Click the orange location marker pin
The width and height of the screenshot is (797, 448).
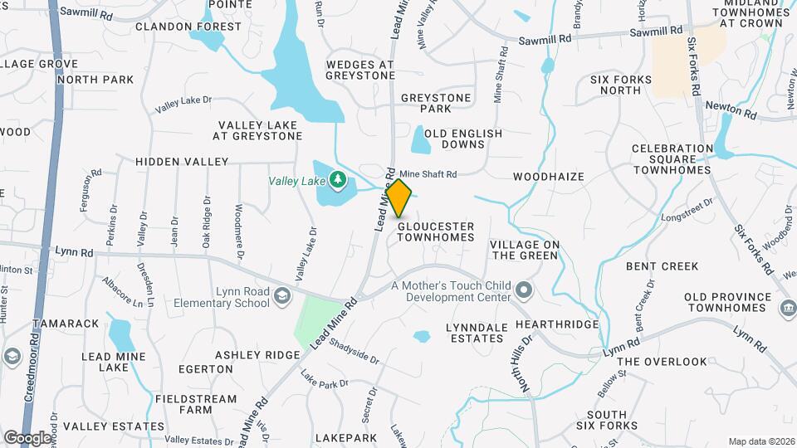(399, 198)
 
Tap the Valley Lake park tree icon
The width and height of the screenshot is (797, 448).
(338, 179)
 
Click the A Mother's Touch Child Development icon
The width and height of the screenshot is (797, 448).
(524, 290)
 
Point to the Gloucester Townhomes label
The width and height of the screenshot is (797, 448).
(435, 231)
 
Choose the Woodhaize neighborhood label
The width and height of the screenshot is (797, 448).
(549, 177)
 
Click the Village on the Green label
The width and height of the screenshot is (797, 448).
(525, 250)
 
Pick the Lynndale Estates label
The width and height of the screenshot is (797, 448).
(477, 333)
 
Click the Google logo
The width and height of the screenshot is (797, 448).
(27, 437)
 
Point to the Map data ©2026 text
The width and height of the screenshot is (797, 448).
(760, 441)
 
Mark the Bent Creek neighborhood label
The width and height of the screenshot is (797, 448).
(662, 266)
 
